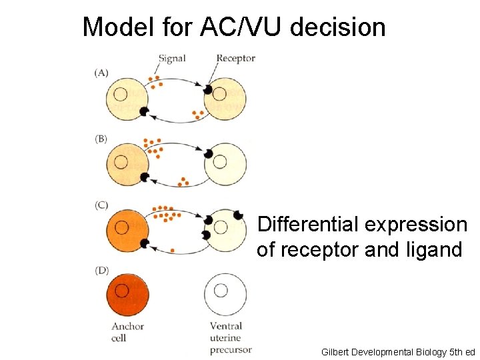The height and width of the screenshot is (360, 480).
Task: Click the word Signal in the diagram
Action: tap(172, 58)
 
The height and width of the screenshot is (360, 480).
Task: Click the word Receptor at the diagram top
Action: tap(235, 58)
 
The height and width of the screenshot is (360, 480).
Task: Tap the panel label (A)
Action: tap(101, 73)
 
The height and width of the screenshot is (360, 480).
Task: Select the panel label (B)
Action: tap(101, 139)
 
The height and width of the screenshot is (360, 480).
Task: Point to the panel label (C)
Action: tap(101, 205)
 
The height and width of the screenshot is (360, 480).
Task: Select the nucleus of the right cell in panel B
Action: tap(221, 160)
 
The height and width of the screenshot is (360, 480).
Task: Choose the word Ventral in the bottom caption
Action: tap(225, 326)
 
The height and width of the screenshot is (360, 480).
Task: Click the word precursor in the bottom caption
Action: tap(231, 350)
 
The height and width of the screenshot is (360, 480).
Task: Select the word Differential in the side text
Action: tap(306, 225)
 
